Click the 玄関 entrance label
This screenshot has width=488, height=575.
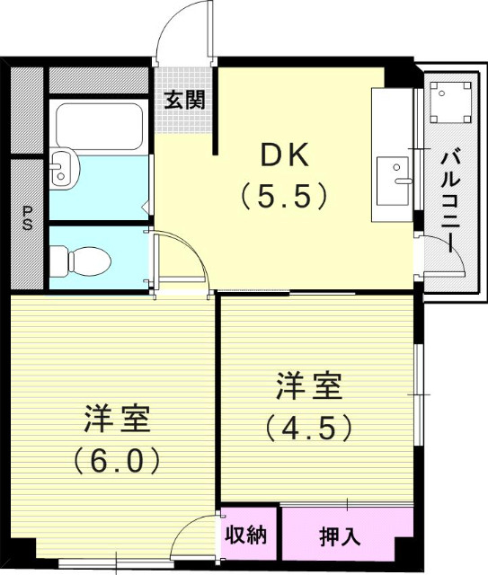pos(183,99)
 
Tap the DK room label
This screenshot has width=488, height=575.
pos(285,155)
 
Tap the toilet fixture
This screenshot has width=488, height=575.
pos(71,261)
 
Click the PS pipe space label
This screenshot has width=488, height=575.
pos(27,219)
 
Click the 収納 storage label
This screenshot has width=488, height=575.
pos(246,535)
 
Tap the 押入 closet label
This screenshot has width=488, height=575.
pos(340,537)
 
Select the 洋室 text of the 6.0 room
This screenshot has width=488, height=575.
pos(117,420)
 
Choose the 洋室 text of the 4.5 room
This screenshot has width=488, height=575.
pos(308,388)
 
